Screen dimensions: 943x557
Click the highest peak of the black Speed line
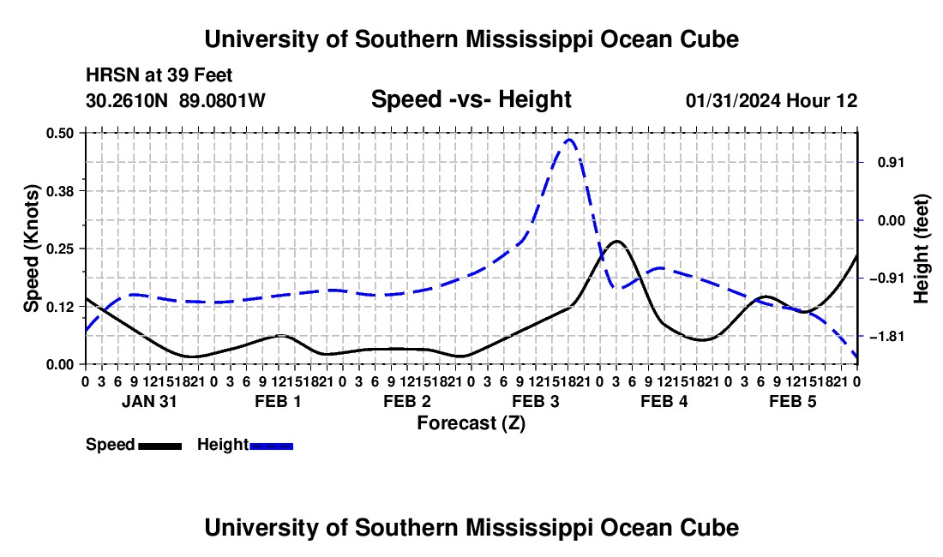[616, 242]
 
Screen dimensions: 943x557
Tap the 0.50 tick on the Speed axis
[59, 133]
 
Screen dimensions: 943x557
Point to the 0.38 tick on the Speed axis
[59, 191]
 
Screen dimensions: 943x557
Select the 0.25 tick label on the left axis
[59, 249]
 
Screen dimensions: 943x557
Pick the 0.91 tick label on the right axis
[892, 162]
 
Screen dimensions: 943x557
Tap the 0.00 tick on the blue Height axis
[892, 220]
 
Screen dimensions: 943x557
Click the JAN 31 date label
[149, 401]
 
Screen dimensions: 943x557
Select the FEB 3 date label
[535, 401]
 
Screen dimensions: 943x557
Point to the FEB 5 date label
[793, 401]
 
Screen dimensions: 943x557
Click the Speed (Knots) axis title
[32, 249]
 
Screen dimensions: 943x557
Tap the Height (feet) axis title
[921, 249]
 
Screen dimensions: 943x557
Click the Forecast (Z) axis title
[471, 423]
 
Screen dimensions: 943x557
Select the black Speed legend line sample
[160, 446]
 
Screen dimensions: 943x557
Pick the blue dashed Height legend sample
[271, 446]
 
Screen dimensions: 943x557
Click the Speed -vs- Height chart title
[471, 99]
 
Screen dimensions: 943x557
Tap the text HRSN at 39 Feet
[159, 75]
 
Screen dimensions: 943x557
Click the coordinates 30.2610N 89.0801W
[175, 100]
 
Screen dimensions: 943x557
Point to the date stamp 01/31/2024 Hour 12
[772, 100]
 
